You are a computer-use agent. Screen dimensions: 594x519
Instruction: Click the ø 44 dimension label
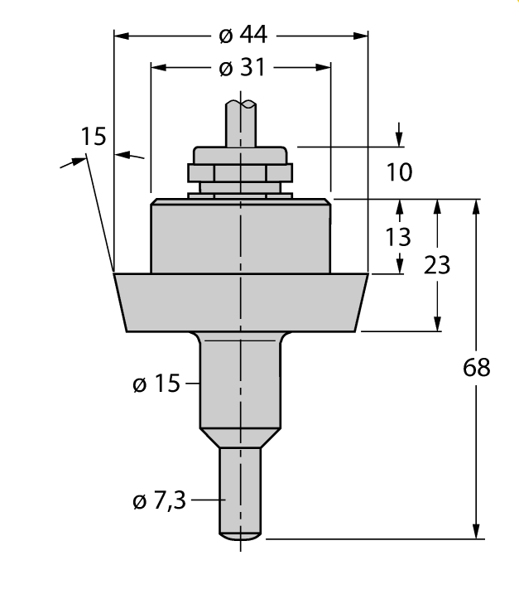pyautogui.click(x=241, y=35)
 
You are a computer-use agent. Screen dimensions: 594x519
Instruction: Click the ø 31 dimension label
pyautogui.click(x=241, y=68)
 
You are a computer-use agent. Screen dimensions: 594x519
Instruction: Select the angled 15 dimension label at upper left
pyautogui.click(x=94, y=137)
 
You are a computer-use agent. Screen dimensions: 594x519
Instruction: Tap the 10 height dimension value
pyautogui.click(x=399, y=172)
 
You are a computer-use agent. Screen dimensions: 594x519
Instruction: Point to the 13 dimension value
pyautogui.click(x=398, y=238)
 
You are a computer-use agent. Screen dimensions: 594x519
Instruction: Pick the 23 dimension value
pyautogui.click(x=436, y=265)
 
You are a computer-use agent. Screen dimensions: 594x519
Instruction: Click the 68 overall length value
pyautogui.click(x=475, y=367)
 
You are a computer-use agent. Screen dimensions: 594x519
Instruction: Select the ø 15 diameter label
pyautogui.click(x=156, y=384)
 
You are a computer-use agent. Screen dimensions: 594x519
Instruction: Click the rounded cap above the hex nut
pyautogui.click(x=240, y=154)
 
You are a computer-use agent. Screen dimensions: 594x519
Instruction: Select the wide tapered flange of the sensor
pyautogui.click(x=240, y=302)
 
